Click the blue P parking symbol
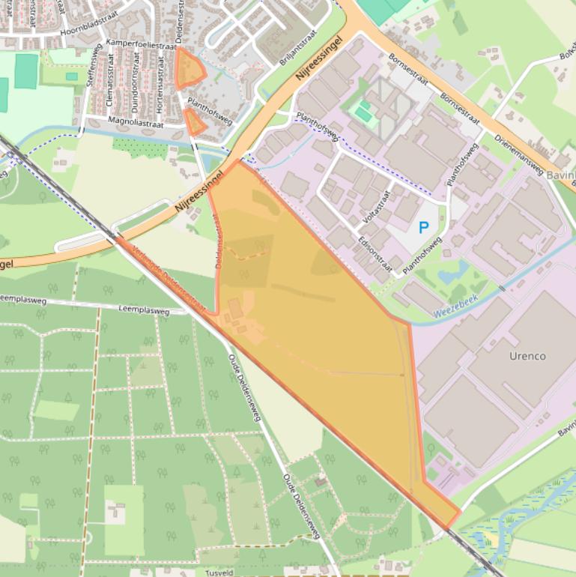pos(424,226)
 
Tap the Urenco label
pos(527,356)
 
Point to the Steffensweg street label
pos(94,68)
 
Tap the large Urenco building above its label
pos(524,315)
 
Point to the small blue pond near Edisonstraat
pos(454,271)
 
